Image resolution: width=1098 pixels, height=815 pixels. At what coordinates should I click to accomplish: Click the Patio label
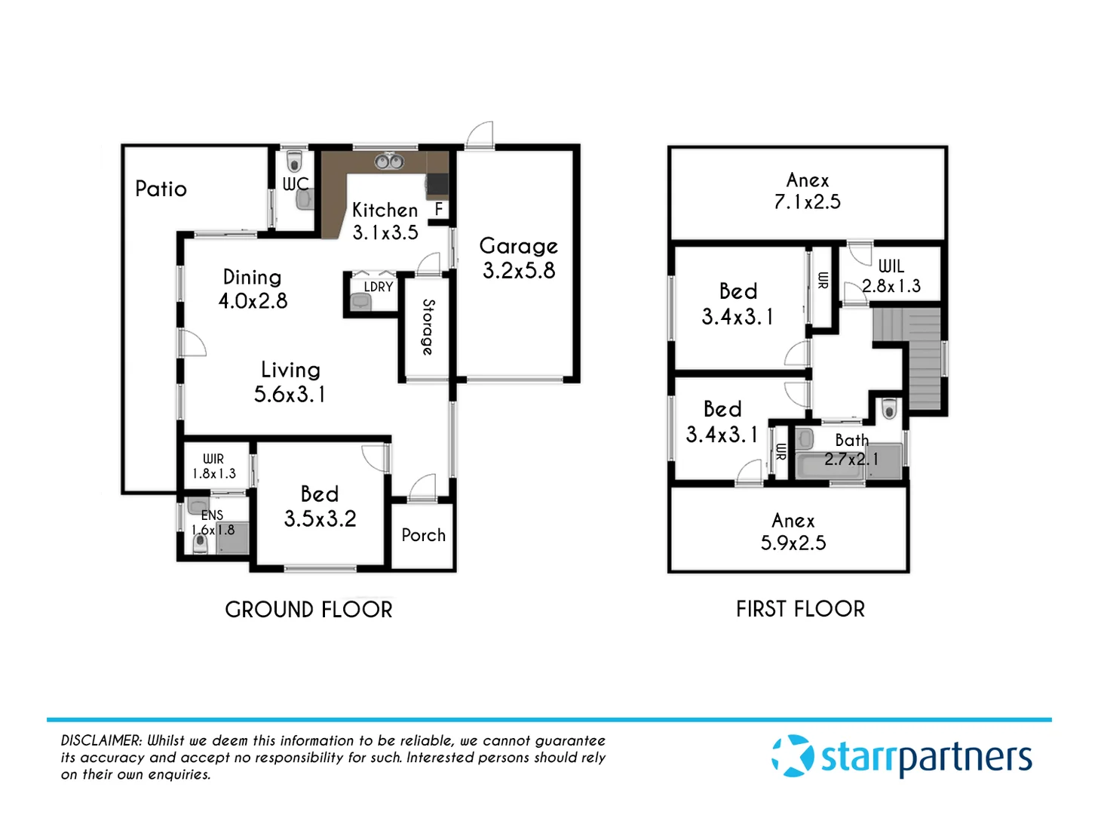tap(161, 189)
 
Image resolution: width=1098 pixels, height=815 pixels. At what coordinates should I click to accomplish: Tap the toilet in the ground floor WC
tap(295, 161)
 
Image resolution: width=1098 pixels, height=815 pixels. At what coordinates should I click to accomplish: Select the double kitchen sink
tap(389, 161)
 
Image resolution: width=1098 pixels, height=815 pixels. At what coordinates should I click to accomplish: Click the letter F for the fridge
tap(438, 209)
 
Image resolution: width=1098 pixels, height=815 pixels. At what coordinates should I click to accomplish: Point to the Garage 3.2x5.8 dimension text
tap(519, 270)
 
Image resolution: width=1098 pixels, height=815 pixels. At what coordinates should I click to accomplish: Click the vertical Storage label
tap(428, 327)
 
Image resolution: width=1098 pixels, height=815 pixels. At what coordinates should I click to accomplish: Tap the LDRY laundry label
tap(378, 287)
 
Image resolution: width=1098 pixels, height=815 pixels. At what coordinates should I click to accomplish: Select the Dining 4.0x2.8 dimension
tap(253, 300)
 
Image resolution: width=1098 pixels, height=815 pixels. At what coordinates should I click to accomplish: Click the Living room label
tap(290, 370)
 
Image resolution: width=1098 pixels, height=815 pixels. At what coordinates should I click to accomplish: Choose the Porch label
tap(423, 535)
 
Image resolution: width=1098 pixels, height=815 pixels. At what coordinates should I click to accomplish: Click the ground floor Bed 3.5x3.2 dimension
tap(320, 518)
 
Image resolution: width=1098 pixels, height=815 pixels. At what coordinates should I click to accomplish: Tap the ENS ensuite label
tap(212, 515)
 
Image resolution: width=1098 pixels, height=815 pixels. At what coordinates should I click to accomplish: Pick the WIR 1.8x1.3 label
tap(213, 466)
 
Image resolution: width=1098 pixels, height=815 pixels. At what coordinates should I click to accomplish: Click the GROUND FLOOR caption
tap(308, 610)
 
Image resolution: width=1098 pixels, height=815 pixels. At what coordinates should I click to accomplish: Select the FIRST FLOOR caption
tap(800, 609)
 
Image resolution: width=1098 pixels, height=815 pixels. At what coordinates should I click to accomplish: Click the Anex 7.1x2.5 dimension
tap(807, 201)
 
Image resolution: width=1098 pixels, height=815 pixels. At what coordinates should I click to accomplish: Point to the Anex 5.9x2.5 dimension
tap(793, 543)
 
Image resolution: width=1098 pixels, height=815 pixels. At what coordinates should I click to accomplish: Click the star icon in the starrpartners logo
tap(793, 755)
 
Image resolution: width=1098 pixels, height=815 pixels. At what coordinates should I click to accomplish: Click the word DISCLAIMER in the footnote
tap(101, 741)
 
